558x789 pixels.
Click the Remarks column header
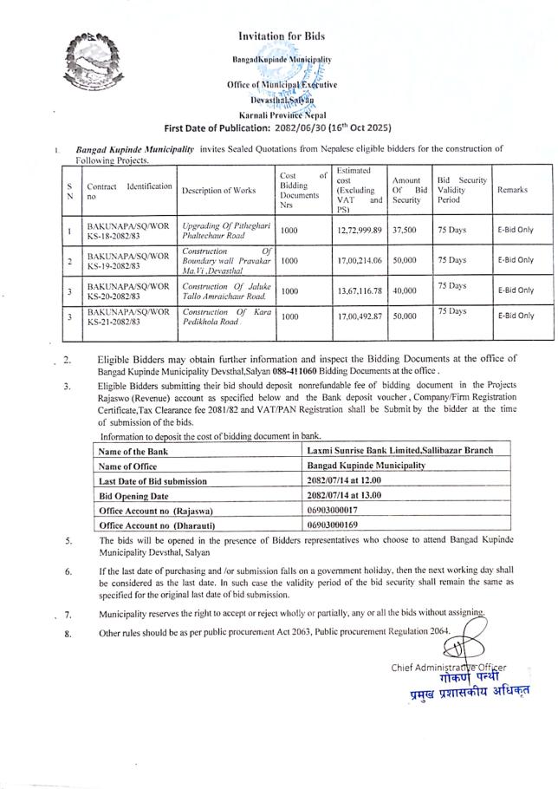pos(513,188)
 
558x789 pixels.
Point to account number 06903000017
pos(334,511)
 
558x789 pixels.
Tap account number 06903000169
pos(334,525)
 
